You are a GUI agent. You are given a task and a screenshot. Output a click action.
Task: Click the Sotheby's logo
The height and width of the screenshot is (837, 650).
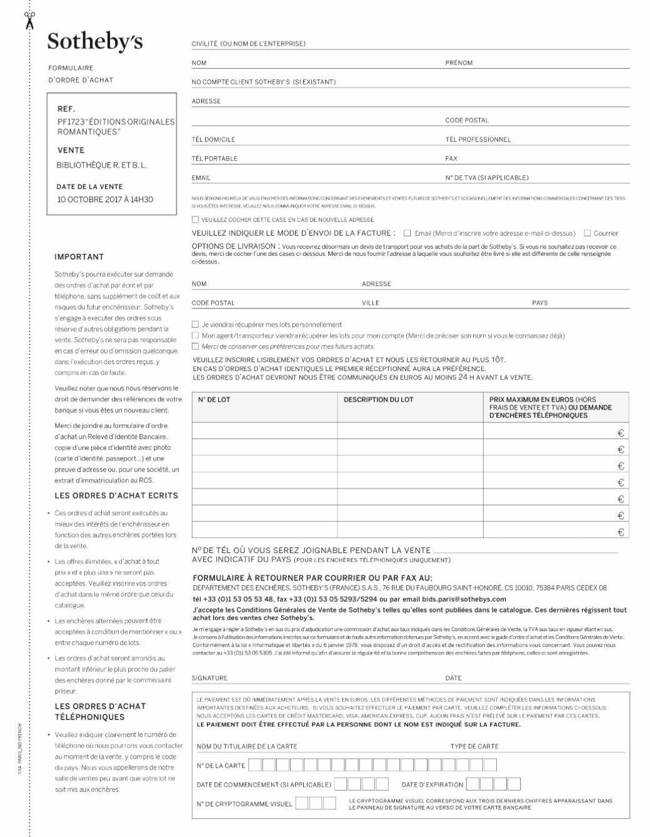95,41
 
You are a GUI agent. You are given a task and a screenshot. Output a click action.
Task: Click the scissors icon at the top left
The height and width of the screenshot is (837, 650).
29,20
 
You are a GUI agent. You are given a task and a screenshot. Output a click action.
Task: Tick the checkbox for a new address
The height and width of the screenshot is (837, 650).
195,220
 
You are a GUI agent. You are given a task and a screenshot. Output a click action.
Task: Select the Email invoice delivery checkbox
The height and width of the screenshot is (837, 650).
407,233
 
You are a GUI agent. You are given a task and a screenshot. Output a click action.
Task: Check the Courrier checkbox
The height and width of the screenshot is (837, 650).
587,233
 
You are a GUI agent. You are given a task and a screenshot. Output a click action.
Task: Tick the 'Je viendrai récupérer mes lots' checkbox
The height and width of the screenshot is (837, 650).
195,325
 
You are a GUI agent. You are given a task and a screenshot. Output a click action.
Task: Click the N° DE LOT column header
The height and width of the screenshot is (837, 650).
214,400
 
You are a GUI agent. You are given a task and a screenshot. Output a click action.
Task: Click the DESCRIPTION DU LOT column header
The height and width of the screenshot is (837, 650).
378,400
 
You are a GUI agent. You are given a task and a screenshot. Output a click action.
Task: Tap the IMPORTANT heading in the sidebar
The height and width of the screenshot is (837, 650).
79,256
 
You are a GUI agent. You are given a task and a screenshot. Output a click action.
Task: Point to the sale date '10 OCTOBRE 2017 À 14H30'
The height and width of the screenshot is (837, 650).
105,200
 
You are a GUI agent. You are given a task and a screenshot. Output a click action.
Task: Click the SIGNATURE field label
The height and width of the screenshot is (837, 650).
209,678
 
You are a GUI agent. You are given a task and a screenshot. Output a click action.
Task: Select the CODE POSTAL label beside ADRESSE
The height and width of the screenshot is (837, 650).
467,120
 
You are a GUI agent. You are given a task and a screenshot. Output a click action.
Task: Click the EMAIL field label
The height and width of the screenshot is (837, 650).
201,178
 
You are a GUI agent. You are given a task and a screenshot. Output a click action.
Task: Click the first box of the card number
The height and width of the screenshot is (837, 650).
255,765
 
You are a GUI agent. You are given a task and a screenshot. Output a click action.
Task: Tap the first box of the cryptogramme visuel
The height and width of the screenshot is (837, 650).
302,803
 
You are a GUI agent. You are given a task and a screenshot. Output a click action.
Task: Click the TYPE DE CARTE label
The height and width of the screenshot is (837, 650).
474,746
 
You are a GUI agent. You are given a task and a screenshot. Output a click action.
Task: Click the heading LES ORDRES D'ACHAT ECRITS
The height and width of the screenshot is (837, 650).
116,495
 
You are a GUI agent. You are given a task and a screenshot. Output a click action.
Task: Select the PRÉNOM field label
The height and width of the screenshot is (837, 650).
459,63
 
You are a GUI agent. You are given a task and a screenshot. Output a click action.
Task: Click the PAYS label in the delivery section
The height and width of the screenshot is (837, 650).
540,303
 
